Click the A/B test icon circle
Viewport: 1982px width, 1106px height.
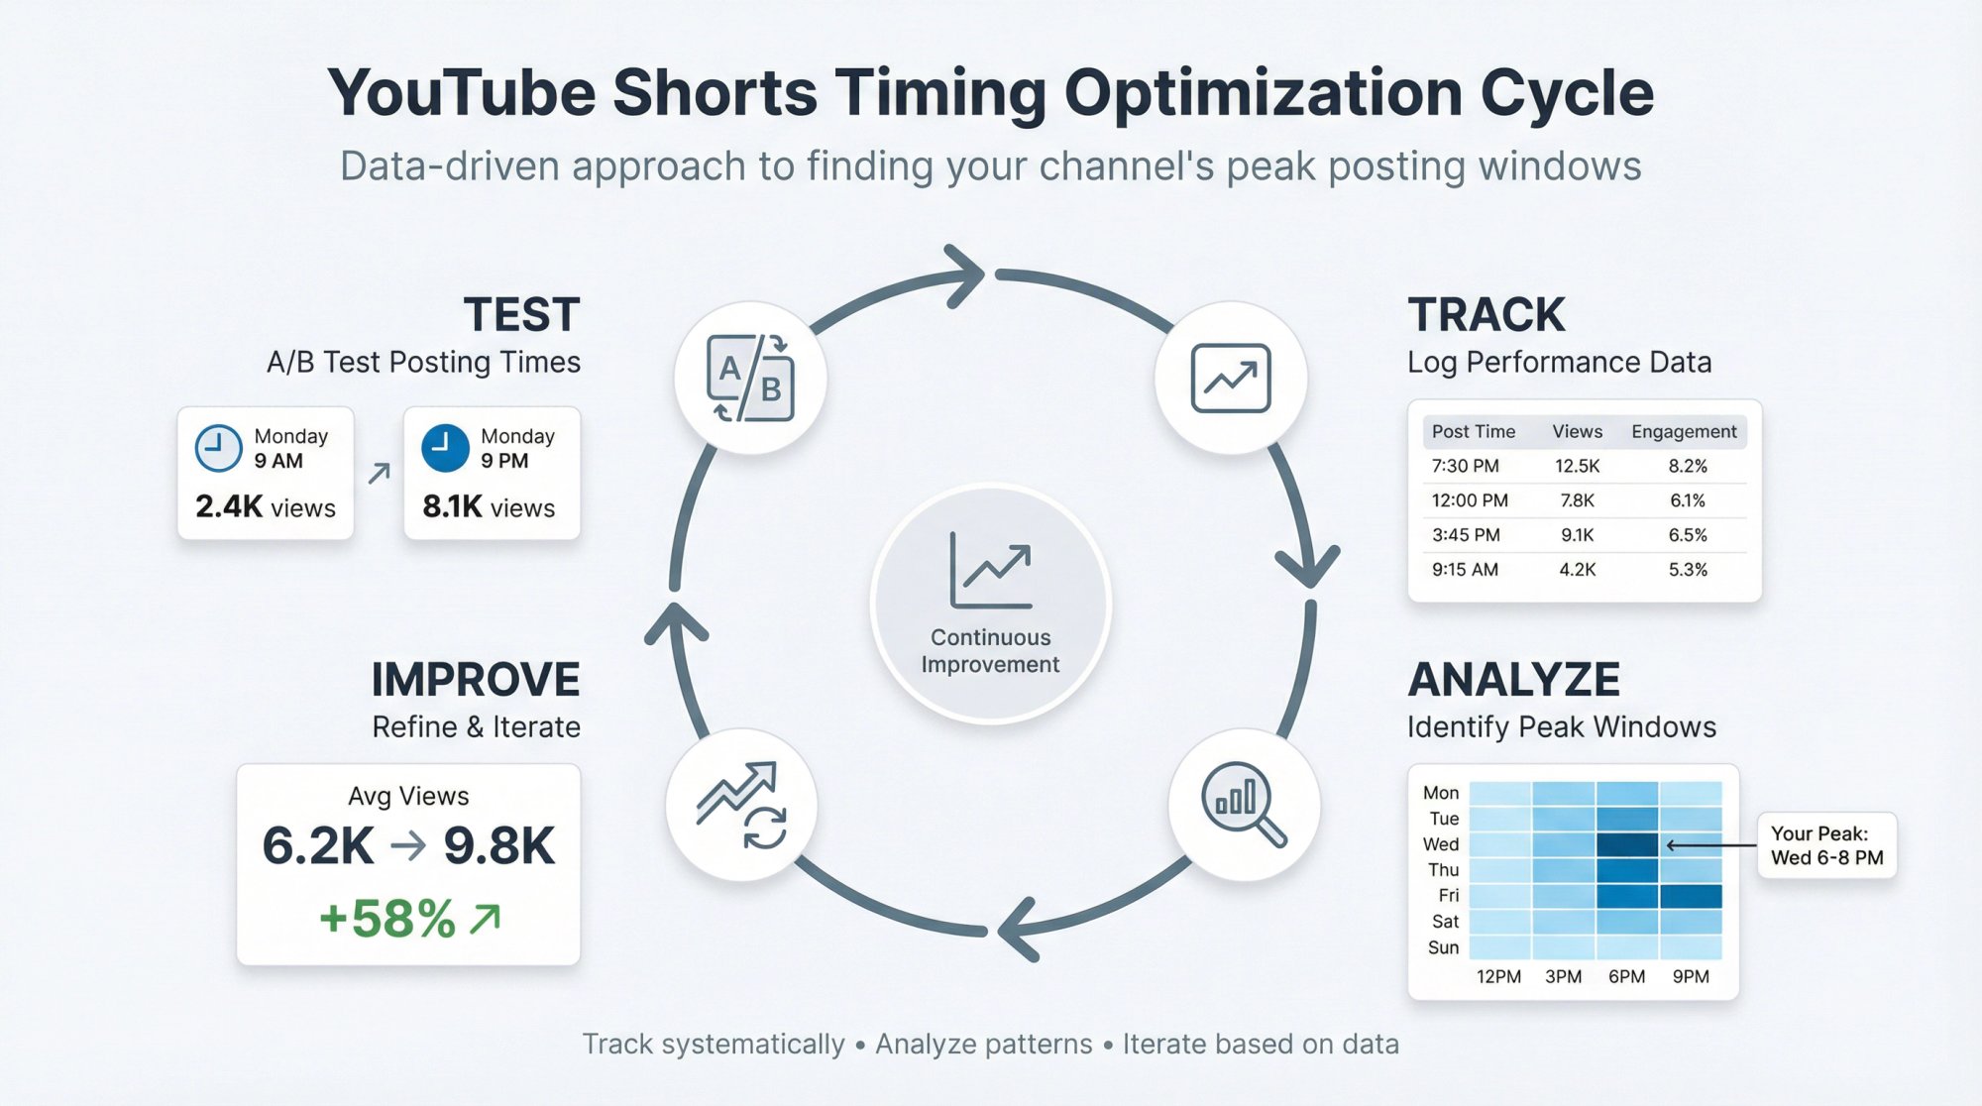(x=750, y=379)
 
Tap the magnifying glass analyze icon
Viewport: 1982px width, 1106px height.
(x=1244, y=804)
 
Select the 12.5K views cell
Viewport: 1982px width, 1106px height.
(x=1577, y=466)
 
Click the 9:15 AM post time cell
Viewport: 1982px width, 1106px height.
(x=1465, y=570)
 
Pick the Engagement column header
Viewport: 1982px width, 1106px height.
(x=1684, y=432)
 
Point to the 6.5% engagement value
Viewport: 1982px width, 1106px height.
(x=1688, y=535)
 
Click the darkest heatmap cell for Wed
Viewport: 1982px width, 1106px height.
(x=1626, y=844)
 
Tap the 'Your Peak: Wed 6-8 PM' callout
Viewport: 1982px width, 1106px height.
(x=1826, y=845)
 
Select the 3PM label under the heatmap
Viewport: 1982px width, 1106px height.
(x=1563, y=977)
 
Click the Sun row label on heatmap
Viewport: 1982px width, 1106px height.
(x=1443, y=947)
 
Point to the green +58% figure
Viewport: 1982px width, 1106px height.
(x=387, y=919)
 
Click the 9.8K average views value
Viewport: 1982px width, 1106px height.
(x=499, y=846)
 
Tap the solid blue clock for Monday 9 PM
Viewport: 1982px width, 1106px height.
(x=445, y=448)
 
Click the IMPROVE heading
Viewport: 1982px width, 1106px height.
(x=476, y=680)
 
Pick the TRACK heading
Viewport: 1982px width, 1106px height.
(x=1486, y=315)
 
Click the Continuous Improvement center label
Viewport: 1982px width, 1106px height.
(x=990, y=651)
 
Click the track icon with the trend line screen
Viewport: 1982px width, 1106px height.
(x=1231, y=379)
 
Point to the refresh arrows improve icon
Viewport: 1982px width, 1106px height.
(x=741, y=805)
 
